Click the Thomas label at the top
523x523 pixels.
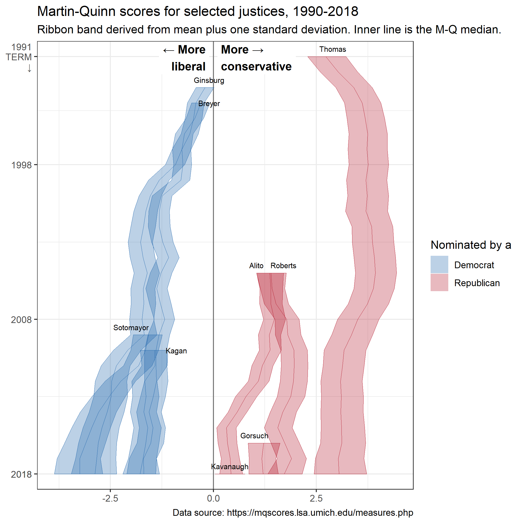(x=332, y=49)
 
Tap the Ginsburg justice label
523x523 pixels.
(x=209, y=80)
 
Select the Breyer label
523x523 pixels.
(x=209, y=104)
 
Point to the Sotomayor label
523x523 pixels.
(x=131, y=327)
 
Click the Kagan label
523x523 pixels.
(x=176, y=351)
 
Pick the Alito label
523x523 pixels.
(x=256, y=265)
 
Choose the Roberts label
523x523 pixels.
(x=283, y=265)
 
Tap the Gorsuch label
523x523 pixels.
(x=254, y=436)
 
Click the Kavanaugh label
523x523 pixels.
(x=229, y=467)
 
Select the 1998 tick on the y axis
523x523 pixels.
(x=21, y=165)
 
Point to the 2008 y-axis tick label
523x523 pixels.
(x=21, y=320)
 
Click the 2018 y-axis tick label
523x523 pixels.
(x=21, y=474)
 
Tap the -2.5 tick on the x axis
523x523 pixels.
(x=110, y=498)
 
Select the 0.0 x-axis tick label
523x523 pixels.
(x=213, y=498)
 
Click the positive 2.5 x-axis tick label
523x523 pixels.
(x=316, y=498)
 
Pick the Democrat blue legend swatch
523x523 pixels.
(x=439, y=264)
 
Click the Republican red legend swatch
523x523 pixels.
(x=439, y=283)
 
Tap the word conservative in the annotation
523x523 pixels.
(x=256, y=66)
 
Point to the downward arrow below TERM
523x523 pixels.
(x=29, y=68)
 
